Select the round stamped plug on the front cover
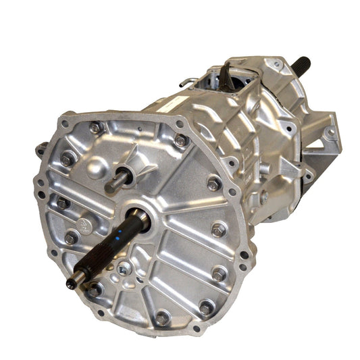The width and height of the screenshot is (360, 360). (82, 220)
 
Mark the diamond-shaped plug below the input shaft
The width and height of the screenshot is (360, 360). (122, 268)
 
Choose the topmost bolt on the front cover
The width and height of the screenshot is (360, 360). (95, 126)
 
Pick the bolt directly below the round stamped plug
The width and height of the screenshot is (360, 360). (71, 238)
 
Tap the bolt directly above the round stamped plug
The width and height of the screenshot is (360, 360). (63, 202)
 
